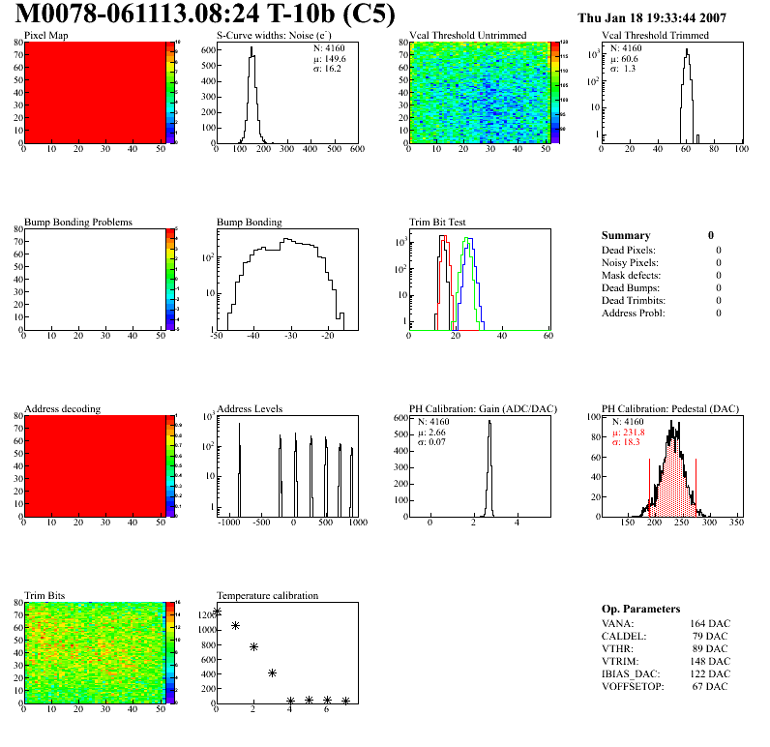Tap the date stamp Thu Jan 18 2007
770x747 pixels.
pos(651,17)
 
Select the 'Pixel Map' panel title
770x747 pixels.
pos(46,36)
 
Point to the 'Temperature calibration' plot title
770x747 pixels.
pos(268,595)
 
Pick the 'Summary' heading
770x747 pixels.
pos(626,235)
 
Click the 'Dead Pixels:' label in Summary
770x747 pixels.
pos(630,250)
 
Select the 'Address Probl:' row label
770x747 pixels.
pos(634,313)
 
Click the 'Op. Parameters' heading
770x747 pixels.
pos(640,609)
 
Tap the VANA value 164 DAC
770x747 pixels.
pos(710,624)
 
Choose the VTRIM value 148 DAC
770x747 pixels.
pos(710,662)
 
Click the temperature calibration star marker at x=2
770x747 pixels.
pos(253,646)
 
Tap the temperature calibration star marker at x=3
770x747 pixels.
pos(273,672)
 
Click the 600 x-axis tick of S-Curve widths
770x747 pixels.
pos(356,150)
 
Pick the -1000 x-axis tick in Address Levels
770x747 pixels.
pos(228,523)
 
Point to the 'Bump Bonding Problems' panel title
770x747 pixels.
pos(78,223)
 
